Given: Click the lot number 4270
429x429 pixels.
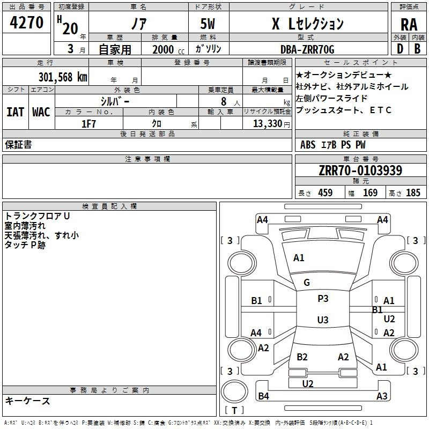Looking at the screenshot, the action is click(x=26, y=23).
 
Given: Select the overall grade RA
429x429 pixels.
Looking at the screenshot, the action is click(x=409, y=25).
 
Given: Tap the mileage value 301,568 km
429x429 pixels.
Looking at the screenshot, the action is click(x=63, y=77).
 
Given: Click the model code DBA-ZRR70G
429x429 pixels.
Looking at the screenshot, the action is click(x=307, y=49).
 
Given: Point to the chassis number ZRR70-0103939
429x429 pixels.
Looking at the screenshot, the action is click(x=360, y=171).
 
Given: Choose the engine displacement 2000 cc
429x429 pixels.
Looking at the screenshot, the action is click(x=168, y=49).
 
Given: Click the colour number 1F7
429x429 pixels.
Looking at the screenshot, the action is click(x=88, y=124).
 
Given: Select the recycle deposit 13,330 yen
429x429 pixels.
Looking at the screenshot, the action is click(x=271, y=124).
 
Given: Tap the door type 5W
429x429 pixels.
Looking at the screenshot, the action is click(x=208, y=24).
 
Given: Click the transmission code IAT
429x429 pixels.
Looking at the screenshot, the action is click(x=16, y=112).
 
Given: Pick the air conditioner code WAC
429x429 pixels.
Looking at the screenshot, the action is click(x=41, y=112).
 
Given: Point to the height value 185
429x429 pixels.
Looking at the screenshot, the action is click(x=413, y=193).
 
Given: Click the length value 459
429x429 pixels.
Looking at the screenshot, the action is click(x=326, y=193).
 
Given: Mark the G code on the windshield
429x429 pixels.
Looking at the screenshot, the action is click(x=307, y=283).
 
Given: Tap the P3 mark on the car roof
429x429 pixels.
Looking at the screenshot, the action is click(x=323, y=298).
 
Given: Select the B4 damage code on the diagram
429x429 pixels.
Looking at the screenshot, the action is click(x=263, y=396).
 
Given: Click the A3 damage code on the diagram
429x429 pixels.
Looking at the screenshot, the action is click(x=382, y=396).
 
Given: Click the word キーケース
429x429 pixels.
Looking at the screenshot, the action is click(x=28, y=401).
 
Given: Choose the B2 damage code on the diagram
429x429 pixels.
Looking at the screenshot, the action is click(x=302, y=357).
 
